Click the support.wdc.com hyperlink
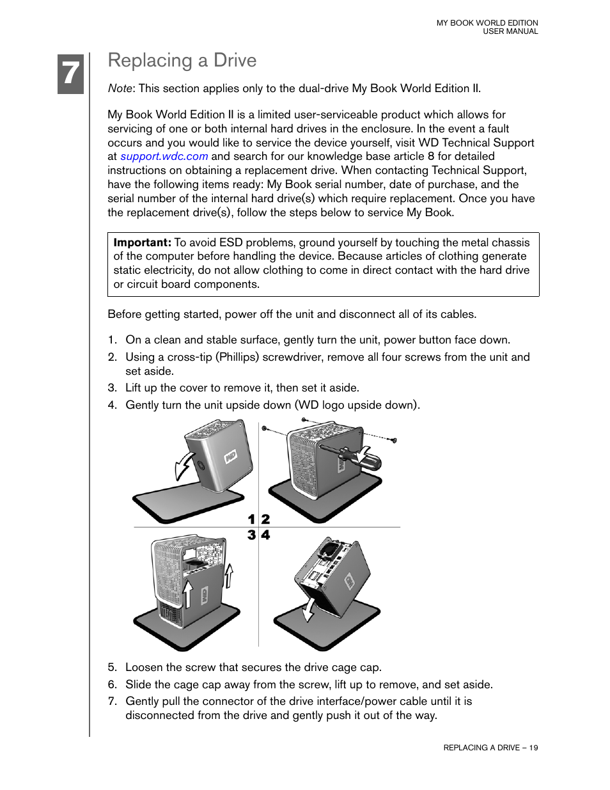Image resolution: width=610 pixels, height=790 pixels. click(164, 156)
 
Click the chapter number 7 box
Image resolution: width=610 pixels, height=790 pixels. click(70, 74)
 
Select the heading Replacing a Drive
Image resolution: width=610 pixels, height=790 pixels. click(182, 60)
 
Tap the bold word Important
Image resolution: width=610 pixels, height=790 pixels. click(142, 242)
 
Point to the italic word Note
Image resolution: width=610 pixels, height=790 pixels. click(120, 88)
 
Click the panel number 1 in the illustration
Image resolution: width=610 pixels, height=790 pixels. click(251, 519)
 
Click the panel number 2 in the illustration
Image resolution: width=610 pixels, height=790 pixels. click(265, 519)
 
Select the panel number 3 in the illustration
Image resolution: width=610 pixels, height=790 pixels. click(251, 535)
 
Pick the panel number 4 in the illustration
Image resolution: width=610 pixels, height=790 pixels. click(265, 535)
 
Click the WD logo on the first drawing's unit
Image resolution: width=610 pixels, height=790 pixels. click(230, 457)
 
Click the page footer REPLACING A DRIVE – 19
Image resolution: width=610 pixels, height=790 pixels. click(490, 747)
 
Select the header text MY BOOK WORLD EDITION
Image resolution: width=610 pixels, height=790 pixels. click(487, 23)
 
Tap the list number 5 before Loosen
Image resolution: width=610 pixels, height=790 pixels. click(112, 667)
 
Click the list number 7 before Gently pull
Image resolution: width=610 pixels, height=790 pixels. click(112, 701)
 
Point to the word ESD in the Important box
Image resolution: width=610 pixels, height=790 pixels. click(231, 242)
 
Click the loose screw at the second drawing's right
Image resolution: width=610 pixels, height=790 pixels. click(394, 440)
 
